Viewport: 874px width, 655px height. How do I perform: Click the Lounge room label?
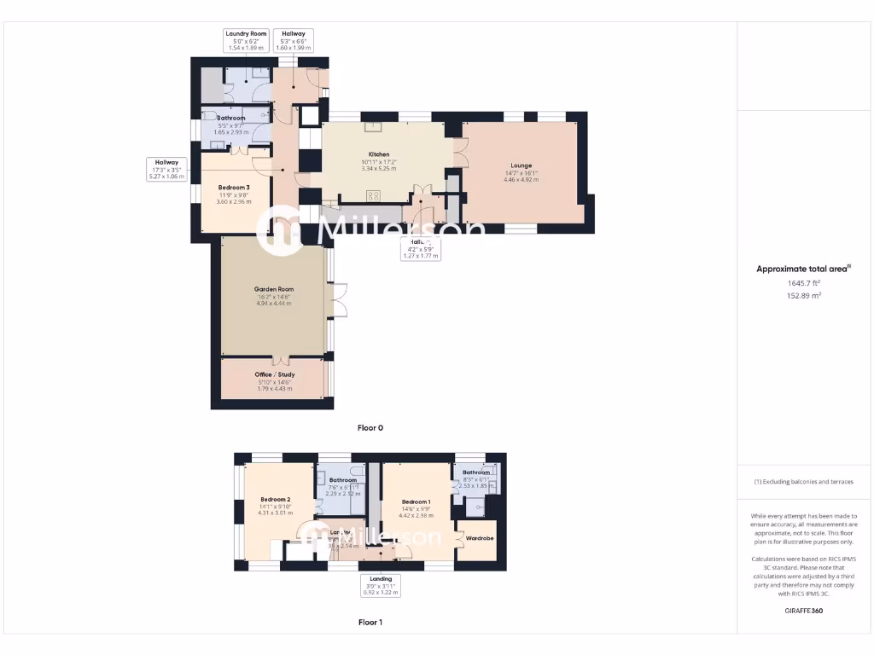click(521, 165)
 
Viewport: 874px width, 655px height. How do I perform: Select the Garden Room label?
click(273, 289)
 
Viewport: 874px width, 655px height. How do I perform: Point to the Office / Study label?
click(273, 374)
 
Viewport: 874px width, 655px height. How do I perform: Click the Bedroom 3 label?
click(233, 187)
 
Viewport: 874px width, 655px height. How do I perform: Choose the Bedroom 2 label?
click(276, 499)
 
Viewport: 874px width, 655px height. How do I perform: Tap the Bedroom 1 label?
click(416, 501)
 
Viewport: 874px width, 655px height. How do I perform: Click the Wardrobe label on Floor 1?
click(480, 538)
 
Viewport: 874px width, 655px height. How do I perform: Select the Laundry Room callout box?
click(246, 40)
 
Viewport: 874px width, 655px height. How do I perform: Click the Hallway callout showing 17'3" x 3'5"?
click(166, 169)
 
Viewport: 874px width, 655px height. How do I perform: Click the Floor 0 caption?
click(370, 428)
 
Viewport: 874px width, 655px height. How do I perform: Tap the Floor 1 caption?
click(370, 623)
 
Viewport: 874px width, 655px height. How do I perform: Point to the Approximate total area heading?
click(803, 269)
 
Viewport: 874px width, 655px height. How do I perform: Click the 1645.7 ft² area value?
click(803, 283)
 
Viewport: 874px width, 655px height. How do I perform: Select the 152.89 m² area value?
click(803, 295)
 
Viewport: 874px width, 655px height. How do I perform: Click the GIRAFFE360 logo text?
click(803, 611)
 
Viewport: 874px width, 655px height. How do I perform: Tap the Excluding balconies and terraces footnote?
click(803, 482)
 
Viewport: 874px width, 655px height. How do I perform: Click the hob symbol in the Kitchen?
click(374, 196)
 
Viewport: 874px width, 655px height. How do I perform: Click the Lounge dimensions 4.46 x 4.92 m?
click(521, 179)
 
